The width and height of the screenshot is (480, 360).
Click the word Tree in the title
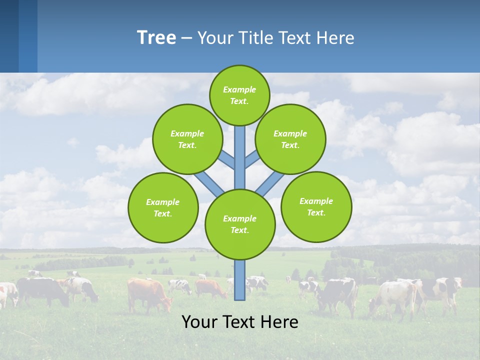tap(156, 38)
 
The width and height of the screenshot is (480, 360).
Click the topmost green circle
tap(239, 95)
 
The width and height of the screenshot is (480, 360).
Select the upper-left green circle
tap(187, 139)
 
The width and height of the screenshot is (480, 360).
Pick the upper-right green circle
tap(290, 139)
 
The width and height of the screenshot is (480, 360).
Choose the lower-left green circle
tap(162, 207)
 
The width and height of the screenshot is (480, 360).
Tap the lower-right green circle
tap(316, 206)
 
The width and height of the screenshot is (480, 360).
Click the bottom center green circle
tap(240, 224)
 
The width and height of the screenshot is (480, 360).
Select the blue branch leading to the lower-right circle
tap(270, 183)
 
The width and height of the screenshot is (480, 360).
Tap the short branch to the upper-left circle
tap(227, 160)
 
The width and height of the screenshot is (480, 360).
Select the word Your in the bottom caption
tap(199, 322)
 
